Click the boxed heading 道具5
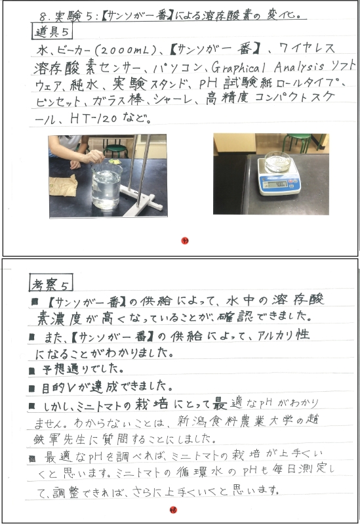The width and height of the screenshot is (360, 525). click(52, 31)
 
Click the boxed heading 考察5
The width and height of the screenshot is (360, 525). click(51, 283)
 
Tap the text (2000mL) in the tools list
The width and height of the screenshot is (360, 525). click(126, 51)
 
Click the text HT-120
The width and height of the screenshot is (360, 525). click(94, 118)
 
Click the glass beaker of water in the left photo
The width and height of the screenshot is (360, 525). click(106, 186)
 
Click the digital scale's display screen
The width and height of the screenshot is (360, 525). click(278, 184)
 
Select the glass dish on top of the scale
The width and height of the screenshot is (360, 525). click(277, 161)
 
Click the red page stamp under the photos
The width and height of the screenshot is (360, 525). click(185, 240)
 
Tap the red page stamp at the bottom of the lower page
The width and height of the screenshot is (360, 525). click(173, 510)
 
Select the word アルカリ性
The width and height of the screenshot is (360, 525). click(283, 335)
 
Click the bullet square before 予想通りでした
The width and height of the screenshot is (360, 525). click(31, 371)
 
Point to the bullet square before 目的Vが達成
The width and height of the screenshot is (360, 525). click(31, 388)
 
